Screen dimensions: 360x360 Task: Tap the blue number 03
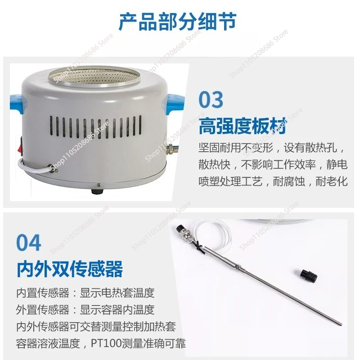point(211,100)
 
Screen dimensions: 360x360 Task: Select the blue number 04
point(29,243)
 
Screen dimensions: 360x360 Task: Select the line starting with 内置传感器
point(85,292)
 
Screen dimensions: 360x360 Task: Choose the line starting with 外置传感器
point(85,310)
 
